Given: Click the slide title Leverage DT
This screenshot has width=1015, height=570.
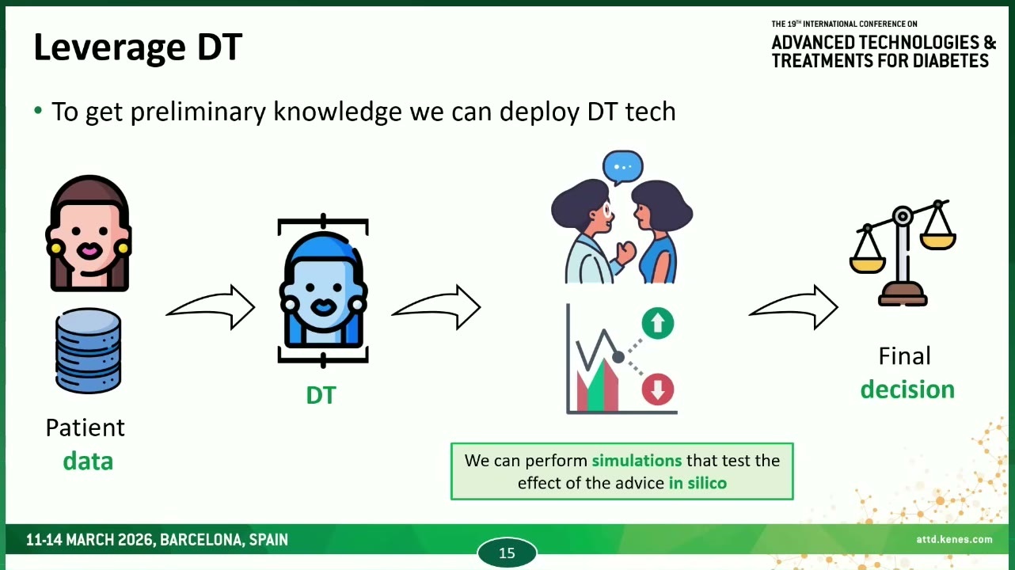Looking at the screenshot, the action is pos(138,47).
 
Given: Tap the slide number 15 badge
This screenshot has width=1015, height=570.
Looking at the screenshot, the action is pos(507,553).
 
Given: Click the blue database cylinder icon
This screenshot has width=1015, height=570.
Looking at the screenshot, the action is pos(89,351).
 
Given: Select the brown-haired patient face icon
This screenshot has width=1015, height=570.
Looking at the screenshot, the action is pos(89,234).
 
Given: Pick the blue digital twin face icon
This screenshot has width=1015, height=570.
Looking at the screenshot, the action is pos(323,289).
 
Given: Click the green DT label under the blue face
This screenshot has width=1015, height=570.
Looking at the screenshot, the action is pos(321,395).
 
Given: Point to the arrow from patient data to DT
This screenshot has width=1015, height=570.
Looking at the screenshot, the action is pos(211,307).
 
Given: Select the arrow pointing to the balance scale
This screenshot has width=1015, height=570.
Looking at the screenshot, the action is pos(793,307).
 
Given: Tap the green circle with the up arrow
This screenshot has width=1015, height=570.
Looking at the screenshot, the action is pos(657,323).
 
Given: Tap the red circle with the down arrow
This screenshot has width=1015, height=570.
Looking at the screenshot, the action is pos(657,389).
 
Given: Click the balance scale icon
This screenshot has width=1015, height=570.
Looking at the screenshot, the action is pos(903,253).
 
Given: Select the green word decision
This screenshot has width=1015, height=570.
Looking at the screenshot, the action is pos(907,389).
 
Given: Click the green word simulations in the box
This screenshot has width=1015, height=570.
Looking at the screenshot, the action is pos(637,460).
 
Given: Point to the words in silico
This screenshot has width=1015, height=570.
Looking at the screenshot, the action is pos(698,483).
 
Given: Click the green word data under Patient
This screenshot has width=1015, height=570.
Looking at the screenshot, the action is pos(88,462).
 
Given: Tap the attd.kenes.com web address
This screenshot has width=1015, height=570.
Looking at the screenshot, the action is pos(954,539).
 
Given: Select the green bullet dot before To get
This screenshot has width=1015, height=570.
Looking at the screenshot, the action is pos(38,110).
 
